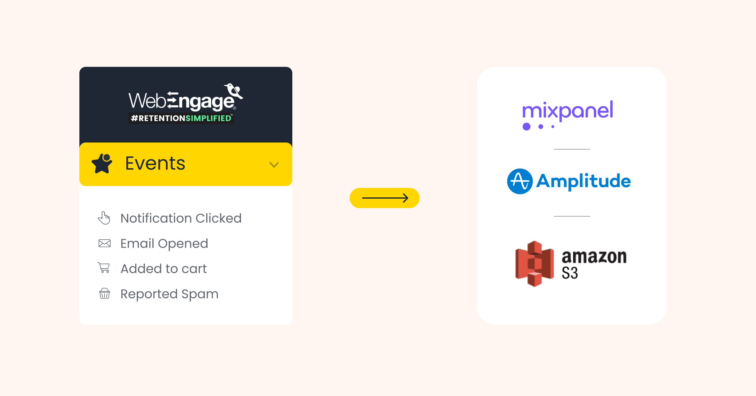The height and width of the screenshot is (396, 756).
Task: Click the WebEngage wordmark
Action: [181, 101]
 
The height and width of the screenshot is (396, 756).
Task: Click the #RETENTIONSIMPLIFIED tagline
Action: [181, 118]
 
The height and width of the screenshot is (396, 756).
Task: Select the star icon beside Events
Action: [102, 163]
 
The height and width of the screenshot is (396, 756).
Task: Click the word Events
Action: [155, 163]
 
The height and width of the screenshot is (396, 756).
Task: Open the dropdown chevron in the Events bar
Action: [274, 165]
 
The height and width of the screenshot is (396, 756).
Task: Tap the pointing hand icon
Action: [104, 218]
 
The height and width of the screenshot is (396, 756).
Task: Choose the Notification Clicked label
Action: [181, 218]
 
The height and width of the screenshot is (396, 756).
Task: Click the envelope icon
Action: [105, 243]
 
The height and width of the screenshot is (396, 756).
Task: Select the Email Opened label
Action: [164, 243]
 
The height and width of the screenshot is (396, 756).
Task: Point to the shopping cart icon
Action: [104, 268]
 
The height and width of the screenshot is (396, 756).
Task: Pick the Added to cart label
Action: [163, 269]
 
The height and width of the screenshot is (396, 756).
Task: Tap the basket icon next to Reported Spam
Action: [105, 293]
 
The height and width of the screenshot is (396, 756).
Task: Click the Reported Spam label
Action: [169, 294]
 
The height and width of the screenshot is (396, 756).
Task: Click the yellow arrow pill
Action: [384, 198]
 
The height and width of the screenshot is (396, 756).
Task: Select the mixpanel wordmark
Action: [568, 111]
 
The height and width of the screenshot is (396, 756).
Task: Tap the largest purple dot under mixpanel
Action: [526, 126]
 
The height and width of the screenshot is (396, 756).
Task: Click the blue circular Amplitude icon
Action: [520, 181]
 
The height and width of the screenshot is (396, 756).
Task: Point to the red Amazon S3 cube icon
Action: [534, 264]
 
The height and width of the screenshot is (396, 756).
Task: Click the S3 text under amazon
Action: [570, 273]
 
